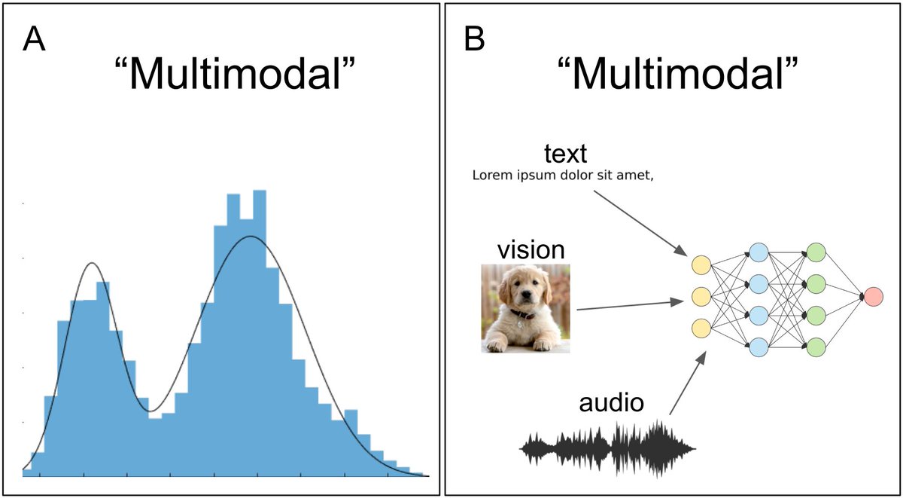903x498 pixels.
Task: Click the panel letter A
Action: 34,38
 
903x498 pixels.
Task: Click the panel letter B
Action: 475,38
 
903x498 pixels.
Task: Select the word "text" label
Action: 565,154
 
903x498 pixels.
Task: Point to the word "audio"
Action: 611,403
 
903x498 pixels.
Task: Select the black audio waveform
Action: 608,448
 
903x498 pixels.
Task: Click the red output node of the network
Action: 874,297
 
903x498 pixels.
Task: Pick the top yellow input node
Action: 701,264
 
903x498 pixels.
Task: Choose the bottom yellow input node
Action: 701,328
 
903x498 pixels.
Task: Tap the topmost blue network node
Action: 759,252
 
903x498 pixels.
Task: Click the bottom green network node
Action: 816,347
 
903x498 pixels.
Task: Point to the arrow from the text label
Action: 640,222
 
